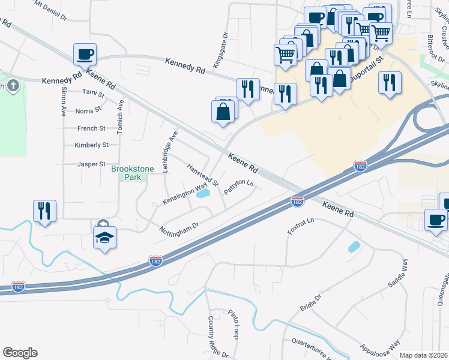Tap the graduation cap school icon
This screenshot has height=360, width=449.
click(x=104, y=237)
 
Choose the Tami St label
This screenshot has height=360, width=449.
click(x=93, y=93)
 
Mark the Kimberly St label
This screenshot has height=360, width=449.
click(x=91, y=145)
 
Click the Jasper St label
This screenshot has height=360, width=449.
click(x=91, y=164)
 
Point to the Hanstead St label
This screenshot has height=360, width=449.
click(x=202, y=175)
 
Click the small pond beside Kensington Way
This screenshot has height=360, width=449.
click(x=203, y=194)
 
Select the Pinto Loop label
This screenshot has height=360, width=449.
click(x=234, y=325)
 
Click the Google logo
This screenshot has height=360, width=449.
click(x=20, y=353)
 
